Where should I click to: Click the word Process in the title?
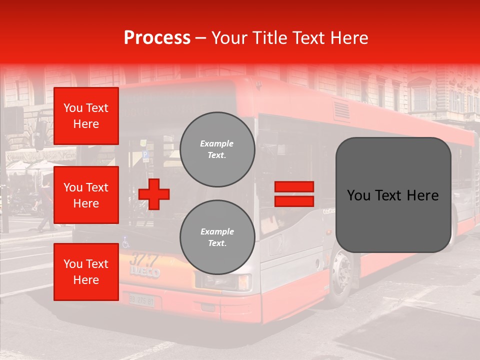(x=157, y=38)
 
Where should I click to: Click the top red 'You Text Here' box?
(x=86, y=116)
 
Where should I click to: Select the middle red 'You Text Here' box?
(x=86, y=195)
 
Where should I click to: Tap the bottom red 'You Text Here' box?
(x=86, y=272)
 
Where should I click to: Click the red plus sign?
(x=154, y=193)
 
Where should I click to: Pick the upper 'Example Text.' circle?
(x=217, y=149)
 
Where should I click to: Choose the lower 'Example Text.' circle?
(x=217, y=237)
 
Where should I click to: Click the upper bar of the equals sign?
(x=294, y=186)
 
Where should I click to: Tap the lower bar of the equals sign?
(x=294, y=201)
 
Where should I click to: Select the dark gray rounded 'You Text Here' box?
(x=393, y=195)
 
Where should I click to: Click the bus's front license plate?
(x=141, y=300)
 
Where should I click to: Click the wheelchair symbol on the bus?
(x=126, y=242)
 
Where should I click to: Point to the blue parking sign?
(x=145, y=155)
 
